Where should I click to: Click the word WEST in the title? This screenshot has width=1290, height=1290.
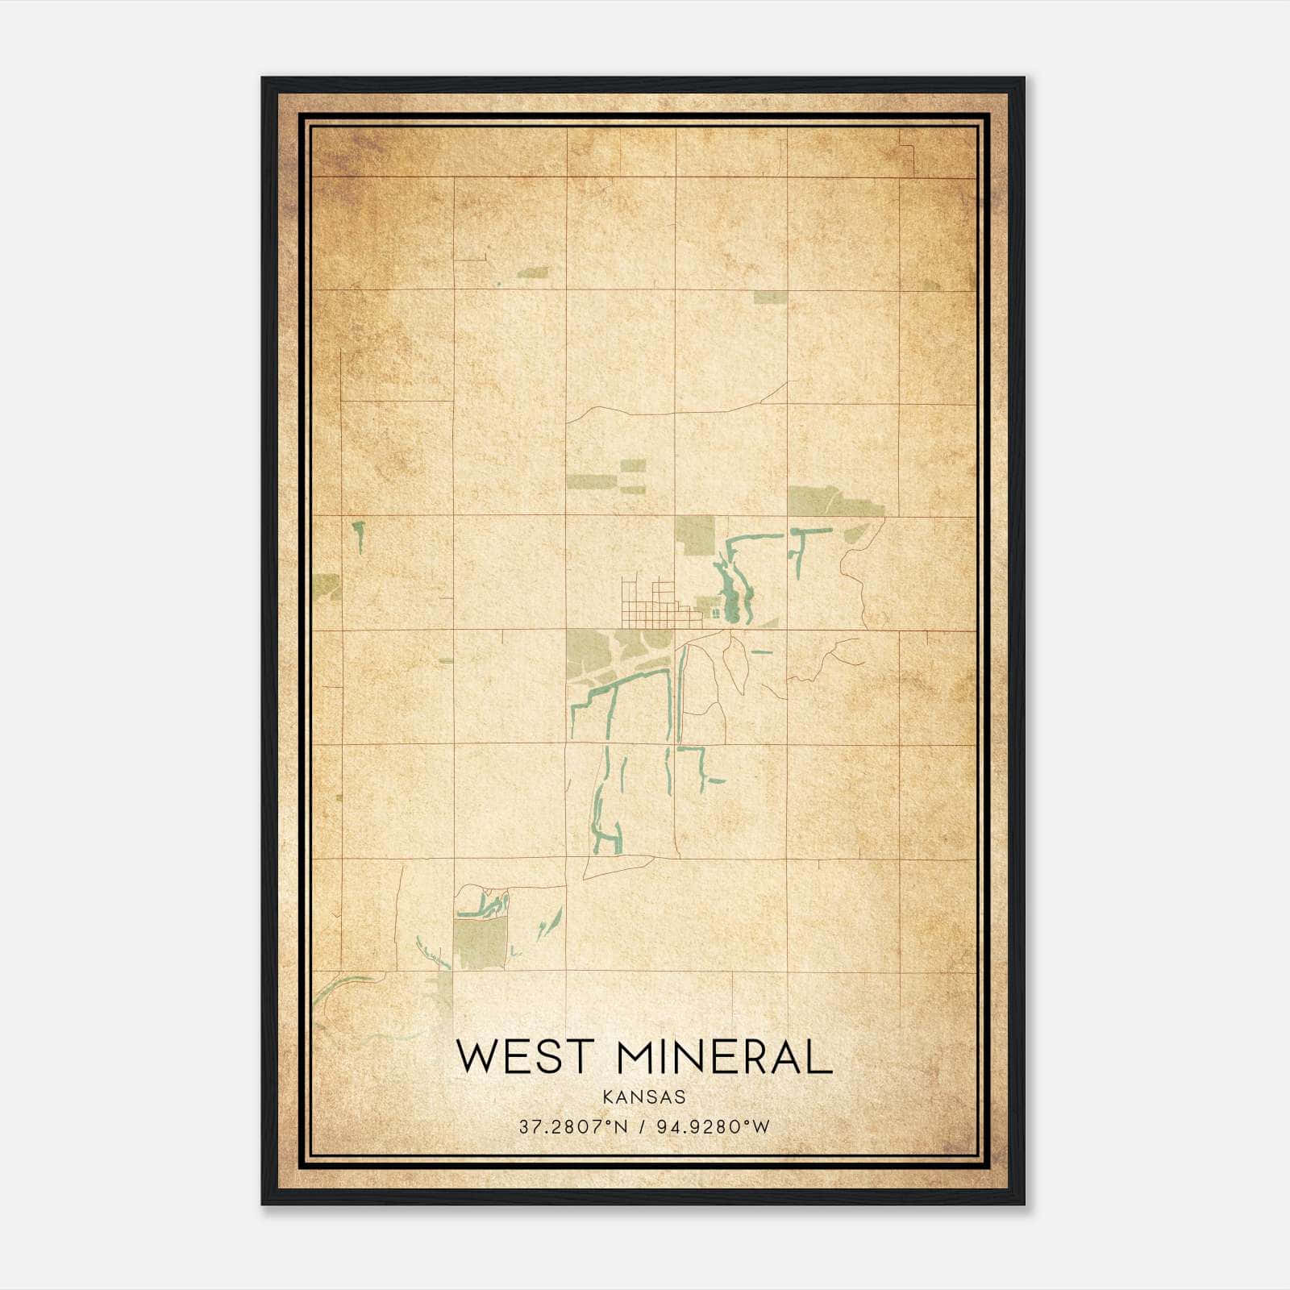tap(525, 1056)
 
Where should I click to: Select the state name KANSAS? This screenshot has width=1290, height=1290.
tap(643, 1096)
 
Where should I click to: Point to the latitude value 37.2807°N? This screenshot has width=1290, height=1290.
tap(572, 1126)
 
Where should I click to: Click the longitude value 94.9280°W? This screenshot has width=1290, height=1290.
tap(714, 1126)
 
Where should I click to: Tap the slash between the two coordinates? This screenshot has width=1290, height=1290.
tap(643, 1126)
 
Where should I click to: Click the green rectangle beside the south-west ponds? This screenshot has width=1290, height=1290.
tap(481, 943)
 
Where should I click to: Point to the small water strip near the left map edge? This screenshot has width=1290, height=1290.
tap(357, 536)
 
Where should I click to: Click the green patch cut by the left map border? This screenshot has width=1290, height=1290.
tap(328, 587)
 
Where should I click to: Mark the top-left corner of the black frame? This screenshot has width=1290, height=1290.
tap(263, 78)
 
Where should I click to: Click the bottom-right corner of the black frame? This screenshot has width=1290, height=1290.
tap(1023, 1204)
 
